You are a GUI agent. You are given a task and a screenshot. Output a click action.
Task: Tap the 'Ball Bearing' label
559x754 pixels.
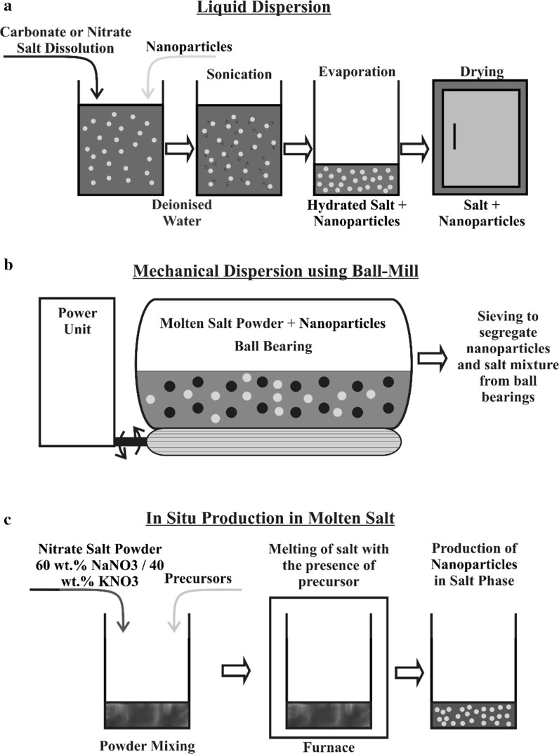tap(277, 346)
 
